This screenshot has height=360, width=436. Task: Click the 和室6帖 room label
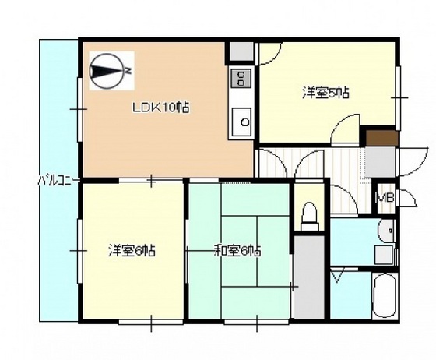[237, 251]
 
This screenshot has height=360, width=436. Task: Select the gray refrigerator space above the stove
[241, 51]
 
